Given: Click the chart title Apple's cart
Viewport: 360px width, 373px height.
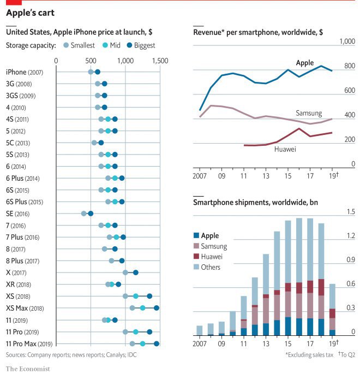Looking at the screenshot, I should pos(30,11).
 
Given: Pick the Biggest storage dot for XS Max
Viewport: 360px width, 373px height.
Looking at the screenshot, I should pos(157,308).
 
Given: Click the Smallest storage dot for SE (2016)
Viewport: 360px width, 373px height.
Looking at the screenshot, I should pos(84,214).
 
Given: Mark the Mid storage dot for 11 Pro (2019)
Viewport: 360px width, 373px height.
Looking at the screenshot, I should pos(136,331).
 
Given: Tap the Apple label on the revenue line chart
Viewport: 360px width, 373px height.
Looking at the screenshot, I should pos(305,63).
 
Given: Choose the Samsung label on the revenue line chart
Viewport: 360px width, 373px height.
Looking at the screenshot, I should pos(308,113).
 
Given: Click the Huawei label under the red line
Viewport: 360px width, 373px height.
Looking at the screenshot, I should pos(285,149).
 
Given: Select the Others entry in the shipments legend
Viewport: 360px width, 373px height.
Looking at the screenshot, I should pos(211,267).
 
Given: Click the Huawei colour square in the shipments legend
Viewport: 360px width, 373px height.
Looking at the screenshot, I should pos(197,257).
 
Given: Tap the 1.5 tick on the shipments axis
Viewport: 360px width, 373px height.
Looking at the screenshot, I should pos(351,212).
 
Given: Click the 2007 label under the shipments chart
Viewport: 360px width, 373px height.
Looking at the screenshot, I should pos(200,344).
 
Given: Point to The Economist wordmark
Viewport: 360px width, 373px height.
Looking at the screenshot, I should pos(28,368).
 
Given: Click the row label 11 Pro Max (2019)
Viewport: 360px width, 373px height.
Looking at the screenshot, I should pos(29,344).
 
